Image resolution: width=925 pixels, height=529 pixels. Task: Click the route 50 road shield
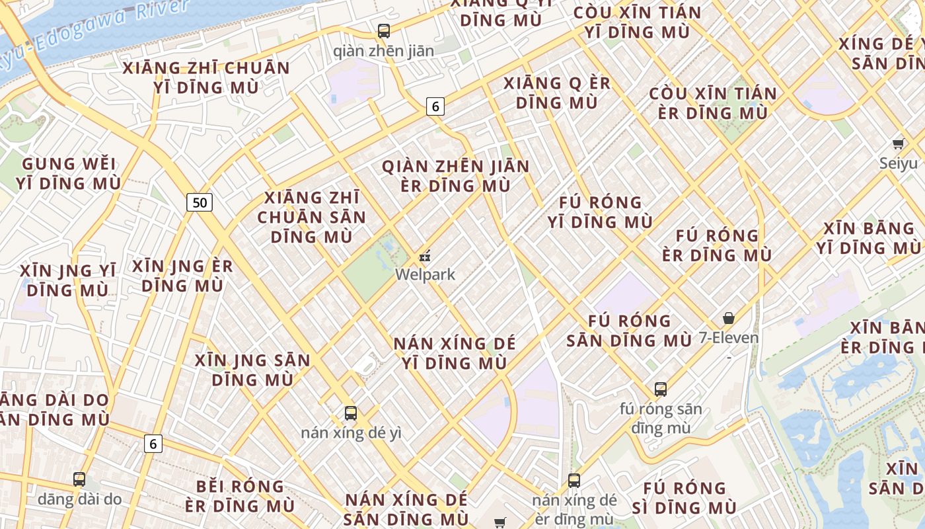click(x=199, y=202)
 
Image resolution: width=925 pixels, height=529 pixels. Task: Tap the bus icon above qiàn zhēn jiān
click(x=383, y=30)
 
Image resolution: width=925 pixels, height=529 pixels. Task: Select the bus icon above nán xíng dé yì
click(x=351, y=413)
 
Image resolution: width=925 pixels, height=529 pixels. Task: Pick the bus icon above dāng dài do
click(x=79, y=479)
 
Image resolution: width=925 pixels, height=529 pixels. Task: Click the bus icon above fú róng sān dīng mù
click(x=661, y=389)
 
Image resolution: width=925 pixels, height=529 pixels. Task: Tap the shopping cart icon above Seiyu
click(x=898, y=143)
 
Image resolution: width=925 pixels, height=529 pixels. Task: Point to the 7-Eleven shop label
click(x=729, y=338)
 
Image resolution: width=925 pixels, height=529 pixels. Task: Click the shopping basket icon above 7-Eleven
click(x=729, y=318)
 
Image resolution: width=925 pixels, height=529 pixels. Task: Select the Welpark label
click(x=425, y=274)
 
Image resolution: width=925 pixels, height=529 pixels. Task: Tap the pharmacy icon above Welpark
click(x=425, y=255)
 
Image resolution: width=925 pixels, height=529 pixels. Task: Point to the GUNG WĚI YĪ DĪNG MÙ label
click(x=69, y=173)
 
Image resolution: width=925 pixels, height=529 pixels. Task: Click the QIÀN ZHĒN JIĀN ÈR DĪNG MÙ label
click(x=456, y=176)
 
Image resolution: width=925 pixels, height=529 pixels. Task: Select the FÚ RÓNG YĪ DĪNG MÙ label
click(x=600, y=212)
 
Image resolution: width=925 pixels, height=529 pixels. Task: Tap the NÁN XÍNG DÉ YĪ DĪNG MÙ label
click(x=455, y=353)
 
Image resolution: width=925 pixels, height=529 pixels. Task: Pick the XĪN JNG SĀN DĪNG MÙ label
click(x=252, y=370)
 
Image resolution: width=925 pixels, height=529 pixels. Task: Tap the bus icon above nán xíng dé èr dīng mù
click(x=574, y=481)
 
